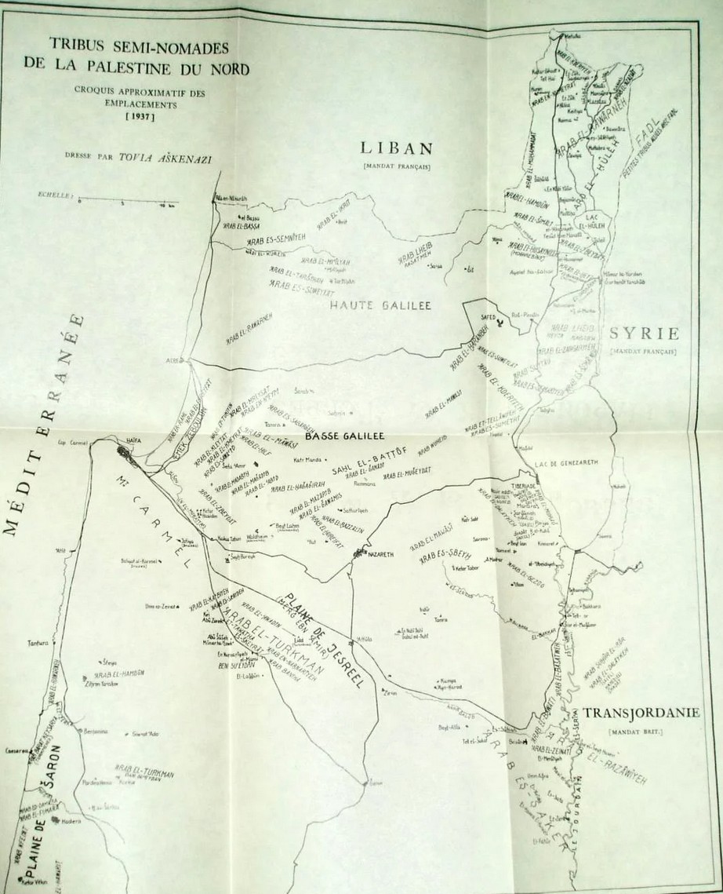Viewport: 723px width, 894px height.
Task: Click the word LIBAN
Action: click(396, 148)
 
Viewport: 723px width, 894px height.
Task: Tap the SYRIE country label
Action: click(642, 334)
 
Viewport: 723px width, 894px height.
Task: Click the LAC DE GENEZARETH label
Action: click(566, 462)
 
